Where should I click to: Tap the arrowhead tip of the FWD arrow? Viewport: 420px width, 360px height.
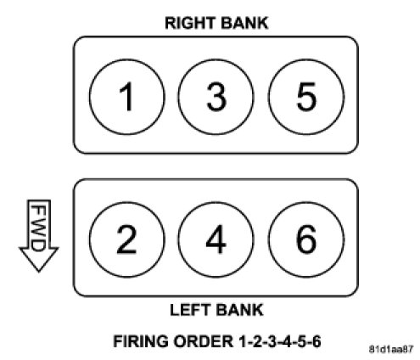click(39, 272)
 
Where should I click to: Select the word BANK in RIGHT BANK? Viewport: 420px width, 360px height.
click(244, 23)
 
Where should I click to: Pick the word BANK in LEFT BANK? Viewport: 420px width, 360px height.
click(239, 310)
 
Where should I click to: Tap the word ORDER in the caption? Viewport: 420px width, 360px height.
click(203, 341)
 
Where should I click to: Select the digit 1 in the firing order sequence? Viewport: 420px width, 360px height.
click(242, 341)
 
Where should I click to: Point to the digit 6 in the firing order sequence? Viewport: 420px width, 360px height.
click(316, 341)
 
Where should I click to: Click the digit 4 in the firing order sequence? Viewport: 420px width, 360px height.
click(287, 341)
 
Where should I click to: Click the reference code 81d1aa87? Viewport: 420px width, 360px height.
click(391, 350)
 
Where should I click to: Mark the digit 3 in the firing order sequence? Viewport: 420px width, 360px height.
click(272, 341)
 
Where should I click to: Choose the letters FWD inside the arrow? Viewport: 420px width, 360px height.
click(38, 228)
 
